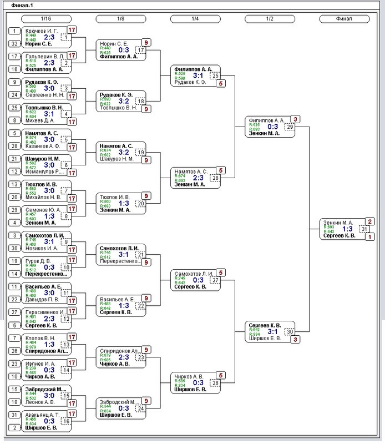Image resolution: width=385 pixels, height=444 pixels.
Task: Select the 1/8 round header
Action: (120, 19)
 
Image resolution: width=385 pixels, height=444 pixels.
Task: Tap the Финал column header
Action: (344, 19)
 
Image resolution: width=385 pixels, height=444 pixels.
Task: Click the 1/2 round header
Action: (270, 19)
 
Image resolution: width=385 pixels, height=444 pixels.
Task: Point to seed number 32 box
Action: (14, 43)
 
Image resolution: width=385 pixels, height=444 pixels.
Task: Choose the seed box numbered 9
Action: (14, 82)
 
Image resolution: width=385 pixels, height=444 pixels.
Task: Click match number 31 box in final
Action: (364, 229)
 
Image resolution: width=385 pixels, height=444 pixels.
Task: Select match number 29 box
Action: (289, 127)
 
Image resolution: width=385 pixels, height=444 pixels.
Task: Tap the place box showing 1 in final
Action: (370, 236)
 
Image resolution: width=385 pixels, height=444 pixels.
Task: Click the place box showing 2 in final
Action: (370, 221)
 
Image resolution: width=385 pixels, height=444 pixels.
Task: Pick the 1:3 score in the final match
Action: (347, 229)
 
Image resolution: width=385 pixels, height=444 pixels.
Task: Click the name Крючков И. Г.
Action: (42, 31)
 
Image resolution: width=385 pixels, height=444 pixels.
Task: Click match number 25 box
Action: (215, 75)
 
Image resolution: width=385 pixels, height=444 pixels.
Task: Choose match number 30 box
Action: (289, 331)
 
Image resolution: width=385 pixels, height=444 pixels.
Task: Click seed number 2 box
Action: (14, 427)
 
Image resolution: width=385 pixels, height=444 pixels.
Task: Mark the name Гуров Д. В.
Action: (39, 261)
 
